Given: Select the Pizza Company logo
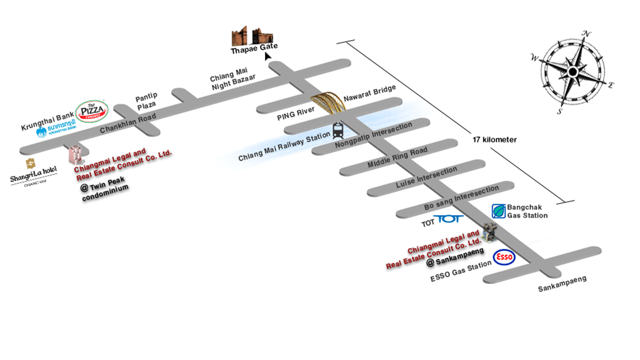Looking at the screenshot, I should pos(91,112).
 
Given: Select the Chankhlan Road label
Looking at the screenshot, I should pos(127,121).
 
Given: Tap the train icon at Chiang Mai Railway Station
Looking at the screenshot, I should pos(338,131).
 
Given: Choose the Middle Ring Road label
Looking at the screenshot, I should pos(397,158).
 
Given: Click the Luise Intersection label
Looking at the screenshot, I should pos(426,177).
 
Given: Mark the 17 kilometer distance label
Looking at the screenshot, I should pos(494,140).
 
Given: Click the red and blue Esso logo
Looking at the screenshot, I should pos(504,257).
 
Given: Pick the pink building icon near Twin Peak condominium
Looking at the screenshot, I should pos(76,154).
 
